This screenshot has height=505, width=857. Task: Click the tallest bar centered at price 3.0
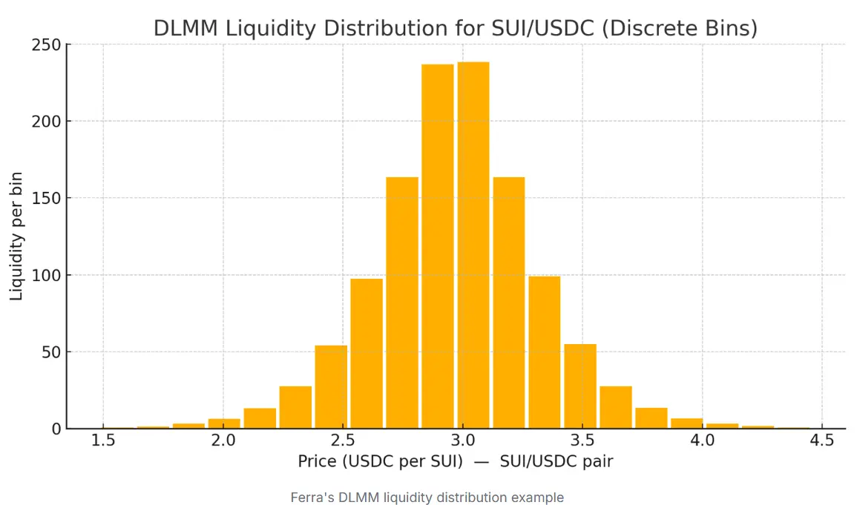click(x=473, y=245)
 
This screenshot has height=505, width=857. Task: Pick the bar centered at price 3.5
click(x=580, y=386)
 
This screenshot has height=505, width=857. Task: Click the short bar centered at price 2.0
click(x=224, y=423)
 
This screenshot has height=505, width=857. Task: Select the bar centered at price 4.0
click(x=687, y=423)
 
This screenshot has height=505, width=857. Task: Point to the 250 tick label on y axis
click(x=45, y=45)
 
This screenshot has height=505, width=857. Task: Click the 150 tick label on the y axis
click(x=45, y=198)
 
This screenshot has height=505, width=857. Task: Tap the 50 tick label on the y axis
click(x=50, y=352)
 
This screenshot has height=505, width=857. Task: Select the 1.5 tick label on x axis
click(x=103, y=441)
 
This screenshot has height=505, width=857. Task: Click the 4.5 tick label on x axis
click(x=821, y=441)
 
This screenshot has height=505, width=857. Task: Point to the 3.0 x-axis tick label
click(x=462, y=441)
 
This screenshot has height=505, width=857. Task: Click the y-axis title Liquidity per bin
click(x=16, y=236)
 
